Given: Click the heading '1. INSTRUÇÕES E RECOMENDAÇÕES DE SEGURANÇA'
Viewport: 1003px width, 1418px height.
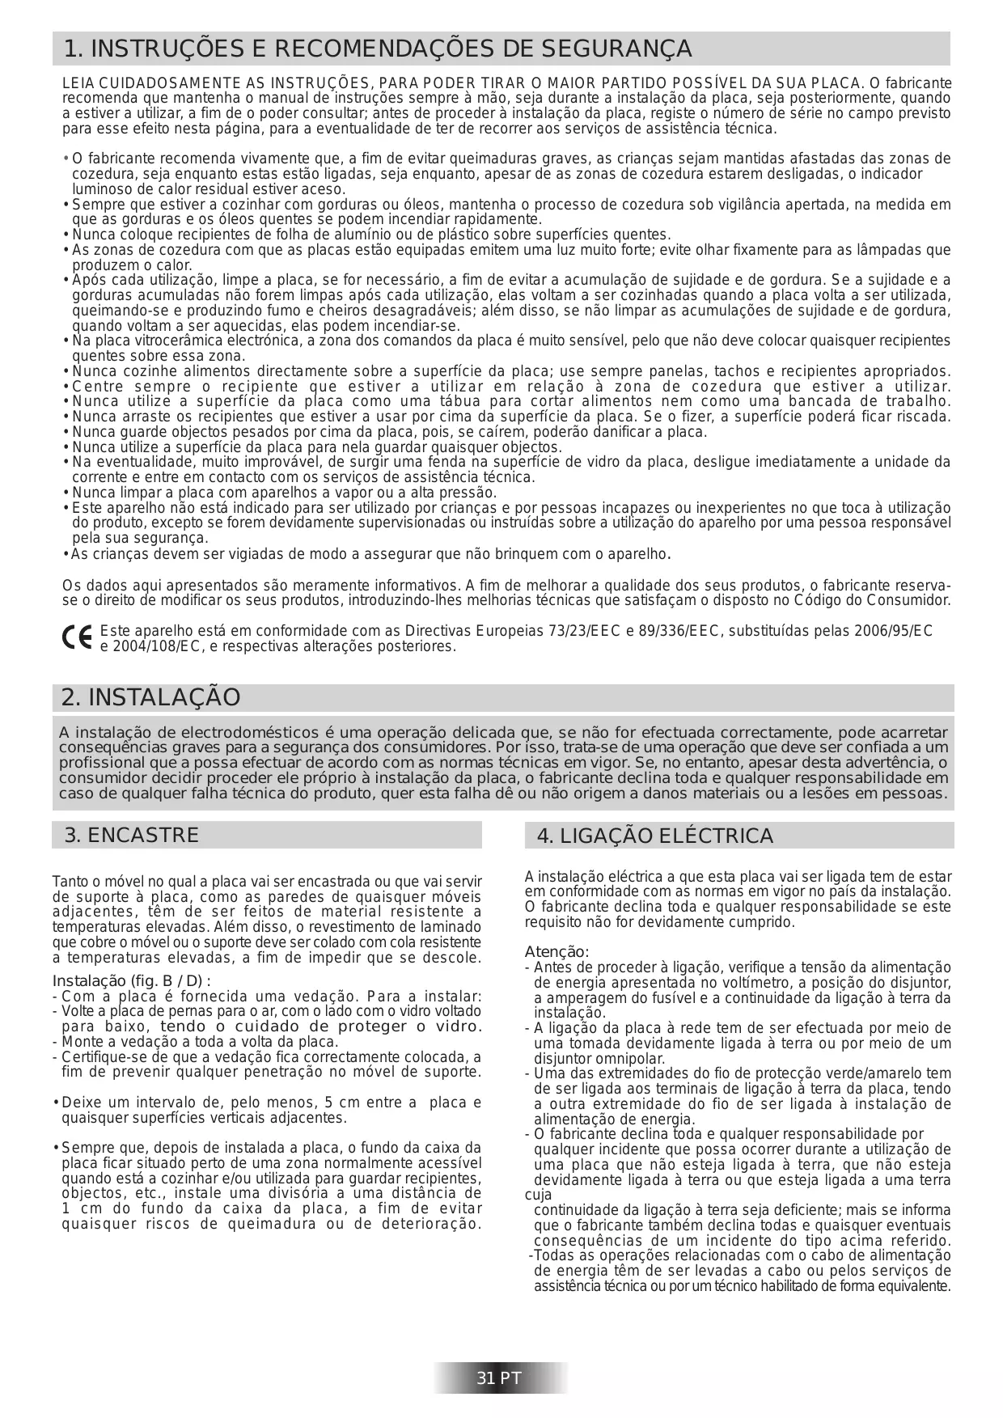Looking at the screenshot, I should [377, 49].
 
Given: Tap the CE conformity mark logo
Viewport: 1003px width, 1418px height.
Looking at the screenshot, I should [77, 638].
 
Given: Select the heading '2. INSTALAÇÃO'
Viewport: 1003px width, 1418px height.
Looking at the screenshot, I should [151, 697].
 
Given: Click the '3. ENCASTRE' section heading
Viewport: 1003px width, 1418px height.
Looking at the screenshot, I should [131, 835].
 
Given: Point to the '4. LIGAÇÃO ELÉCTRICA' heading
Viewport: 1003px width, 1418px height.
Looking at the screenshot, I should [654, 836].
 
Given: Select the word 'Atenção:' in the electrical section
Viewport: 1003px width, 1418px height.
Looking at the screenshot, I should [557, 952].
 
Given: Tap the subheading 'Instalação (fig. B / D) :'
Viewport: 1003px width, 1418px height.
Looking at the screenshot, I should [131, 981].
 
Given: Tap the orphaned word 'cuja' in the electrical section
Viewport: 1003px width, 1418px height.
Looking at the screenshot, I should [538, 1195].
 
